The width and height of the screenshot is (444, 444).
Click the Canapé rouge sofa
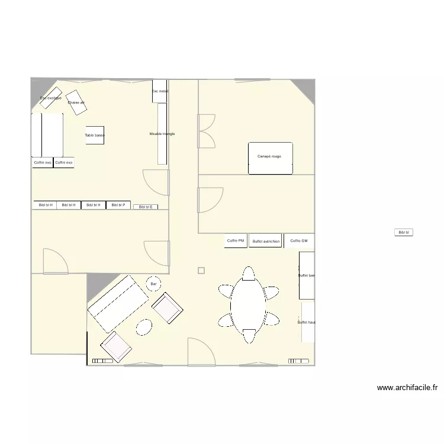coord(271,158)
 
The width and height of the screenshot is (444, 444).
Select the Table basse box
coord(95,136)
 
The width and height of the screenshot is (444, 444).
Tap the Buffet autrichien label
coord(265,242)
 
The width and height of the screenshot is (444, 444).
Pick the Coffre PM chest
coord(236,241)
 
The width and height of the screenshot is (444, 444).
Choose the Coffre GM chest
coord(299,241)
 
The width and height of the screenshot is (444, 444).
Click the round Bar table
coord(154,285)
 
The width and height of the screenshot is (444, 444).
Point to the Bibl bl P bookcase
coord(118,205)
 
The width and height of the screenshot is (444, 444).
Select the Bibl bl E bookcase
coord(146,207)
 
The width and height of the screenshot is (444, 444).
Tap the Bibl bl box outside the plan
coord(404,233)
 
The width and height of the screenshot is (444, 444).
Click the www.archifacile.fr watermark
coord(407,388)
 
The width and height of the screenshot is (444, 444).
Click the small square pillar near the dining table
coord(201,271)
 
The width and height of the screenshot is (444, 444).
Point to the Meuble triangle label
coord(162,134)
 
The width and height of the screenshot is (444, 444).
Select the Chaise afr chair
coord(76,101)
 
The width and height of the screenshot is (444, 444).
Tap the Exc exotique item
coord(50,98)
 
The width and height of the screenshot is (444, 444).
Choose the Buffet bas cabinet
coord(307,276)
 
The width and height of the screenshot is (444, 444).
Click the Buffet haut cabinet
coord(308,322)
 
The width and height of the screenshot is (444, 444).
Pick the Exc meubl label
coord(160,91)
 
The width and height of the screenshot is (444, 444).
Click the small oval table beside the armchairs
coord(144,327)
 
